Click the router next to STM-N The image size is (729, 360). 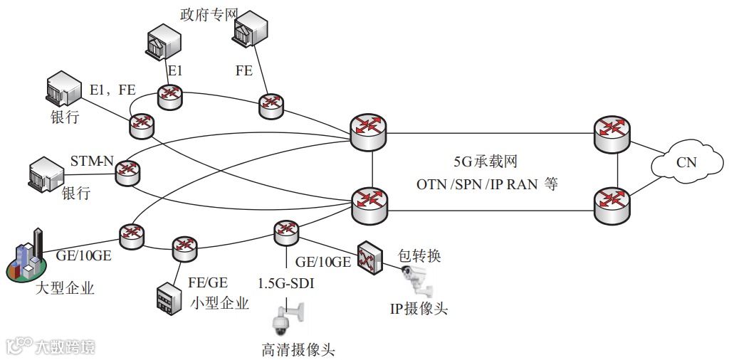(x=129, y=171)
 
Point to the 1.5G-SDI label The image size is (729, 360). (x=288, y=284)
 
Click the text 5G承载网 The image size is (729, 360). (x=485, y=162)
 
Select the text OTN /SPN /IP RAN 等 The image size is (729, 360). (x=488, y=184)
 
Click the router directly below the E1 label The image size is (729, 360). (x=171, y=97)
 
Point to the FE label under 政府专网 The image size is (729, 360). (x=243, y=70)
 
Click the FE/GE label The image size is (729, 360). (x=208, y=282)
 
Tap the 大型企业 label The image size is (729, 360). (x=65, y=288)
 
